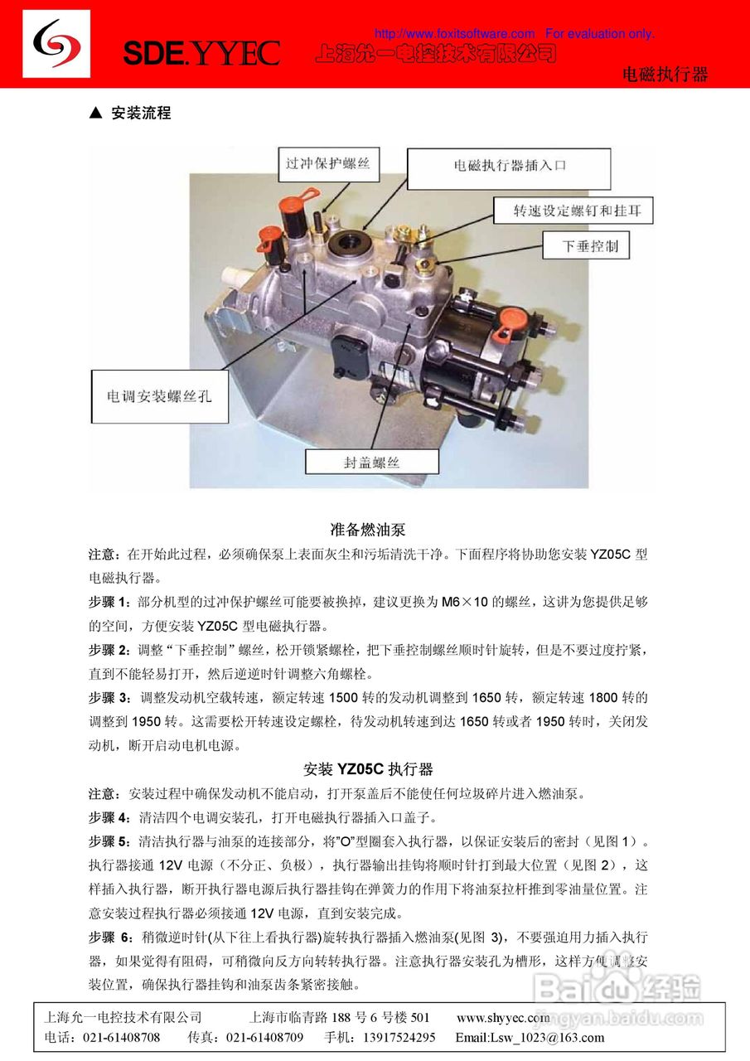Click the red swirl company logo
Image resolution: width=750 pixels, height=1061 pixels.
pos(56,45)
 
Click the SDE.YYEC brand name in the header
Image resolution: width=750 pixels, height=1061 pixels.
pos(201,54)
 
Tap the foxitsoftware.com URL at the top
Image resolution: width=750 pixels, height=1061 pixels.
pos(454,34)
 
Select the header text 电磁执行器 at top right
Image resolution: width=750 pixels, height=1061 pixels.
pos(665,75)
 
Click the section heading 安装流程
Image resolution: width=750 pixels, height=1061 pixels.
pos(141,114)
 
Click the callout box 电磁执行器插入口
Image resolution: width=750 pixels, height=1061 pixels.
pos(509,166)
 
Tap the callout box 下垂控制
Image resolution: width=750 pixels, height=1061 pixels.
pos(590,245)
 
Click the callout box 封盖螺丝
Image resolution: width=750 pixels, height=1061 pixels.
pos(372,463)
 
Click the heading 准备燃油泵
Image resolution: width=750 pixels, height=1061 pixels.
pos(368,529)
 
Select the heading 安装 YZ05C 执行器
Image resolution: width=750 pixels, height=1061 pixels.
pos(368,768)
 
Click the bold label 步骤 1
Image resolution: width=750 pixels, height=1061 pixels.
pos(108,601)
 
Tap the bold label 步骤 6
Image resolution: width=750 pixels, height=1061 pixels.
pos(109,937)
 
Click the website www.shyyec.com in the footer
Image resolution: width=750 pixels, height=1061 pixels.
pos(503,1017)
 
